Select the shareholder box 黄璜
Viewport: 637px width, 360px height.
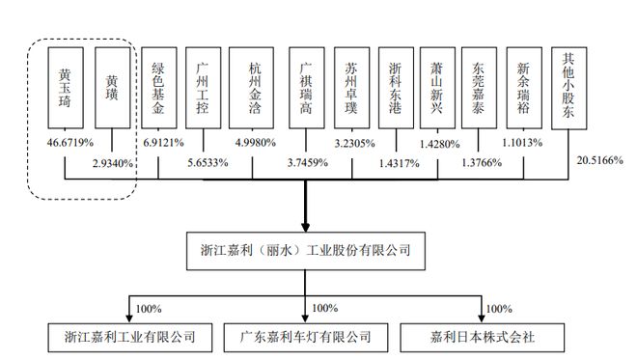tap(112, 90)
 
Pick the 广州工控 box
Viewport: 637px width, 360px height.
tap(204, 90)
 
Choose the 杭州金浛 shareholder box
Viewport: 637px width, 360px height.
tap(253, 90)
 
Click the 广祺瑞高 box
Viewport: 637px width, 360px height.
tap(305, 90)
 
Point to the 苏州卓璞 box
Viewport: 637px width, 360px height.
tap(351, 90)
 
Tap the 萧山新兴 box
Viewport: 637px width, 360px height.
tap(437, 90)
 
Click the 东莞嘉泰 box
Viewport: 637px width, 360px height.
tap(479, 90)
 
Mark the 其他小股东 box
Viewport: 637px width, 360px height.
tap(569, 87)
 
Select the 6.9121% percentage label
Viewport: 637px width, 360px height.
tap(162, 141)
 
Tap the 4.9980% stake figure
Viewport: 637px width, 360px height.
tap(255, 141)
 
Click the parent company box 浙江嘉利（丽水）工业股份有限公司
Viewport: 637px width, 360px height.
tap(305, 250)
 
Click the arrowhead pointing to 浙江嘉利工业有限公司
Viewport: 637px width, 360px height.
tap(128, 319)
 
